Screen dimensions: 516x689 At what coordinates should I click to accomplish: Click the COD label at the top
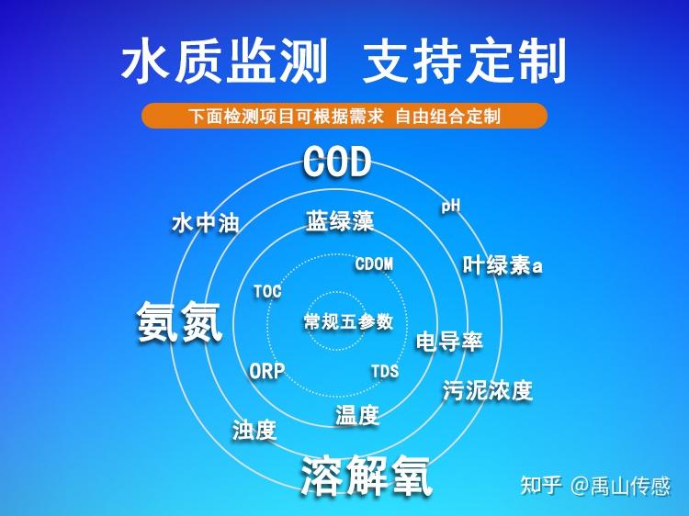(x=337, y=163)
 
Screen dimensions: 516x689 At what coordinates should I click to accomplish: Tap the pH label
(x=450, y=206)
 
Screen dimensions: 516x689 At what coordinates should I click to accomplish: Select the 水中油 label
(x=205, y=223)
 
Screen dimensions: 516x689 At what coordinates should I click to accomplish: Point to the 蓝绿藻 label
(x=340, y=221)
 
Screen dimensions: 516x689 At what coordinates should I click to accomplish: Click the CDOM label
(x=374, y=264)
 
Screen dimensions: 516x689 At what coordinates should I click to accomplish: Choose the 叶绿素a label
(x=503, y=266)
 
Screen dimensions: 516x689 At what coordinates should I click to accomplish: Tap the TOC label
(x=267, y=292)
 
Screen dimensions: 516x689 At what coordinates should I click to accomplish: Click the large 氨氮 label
(x=180, y=322)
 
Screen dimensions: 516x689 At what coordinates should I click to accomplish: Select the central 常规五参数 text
(x=348, y=322)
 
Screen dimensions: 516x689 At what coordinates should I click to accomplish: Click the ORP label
(x=267, y=372)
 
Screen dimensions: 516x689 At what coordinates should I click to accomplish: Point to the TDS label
(x=385, y=372)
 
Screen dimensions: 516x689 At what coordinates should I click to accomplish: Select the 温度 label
(x=356, y=415)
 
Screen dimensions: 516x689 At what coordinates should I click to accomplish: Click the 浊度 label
(x=254, y=429)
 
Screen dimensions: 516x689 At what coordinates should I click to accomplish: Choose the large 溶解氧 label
(x=366, y=476)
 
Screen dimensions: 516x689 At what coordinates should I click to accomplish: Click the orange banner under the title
(x=344, y=117)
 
